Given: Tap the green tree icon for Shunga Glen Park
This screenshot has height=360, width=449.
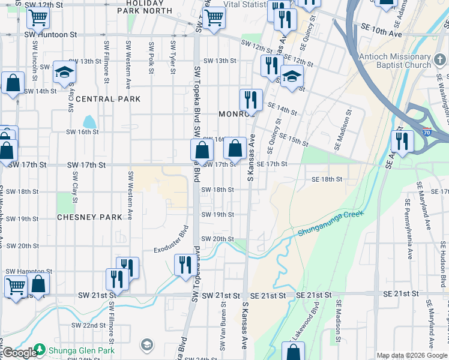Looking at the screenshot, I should tap(40, 349).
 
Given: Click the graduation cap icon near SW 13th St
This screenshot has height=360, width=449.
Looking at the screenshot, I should tap(64, 73).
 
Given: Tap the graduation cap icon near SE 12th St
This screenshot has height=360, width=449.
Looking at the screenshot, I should tap(292, 76).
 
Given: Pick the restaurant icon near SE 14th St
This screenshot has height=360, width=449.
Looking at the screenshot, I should tap(251, 100).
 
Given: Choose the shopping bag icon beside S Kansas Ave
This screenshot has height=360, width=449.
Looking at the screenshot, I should tap(236, 148).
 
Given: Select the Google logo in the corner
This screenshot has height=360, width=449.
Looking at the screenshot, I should tap(19, 353).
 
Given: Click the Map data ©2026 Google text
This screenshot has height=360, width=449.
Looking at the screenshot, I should tap(412, 355).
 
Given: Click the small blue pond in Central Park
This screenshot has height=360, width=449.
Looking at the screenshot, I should tap(89, 123).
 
